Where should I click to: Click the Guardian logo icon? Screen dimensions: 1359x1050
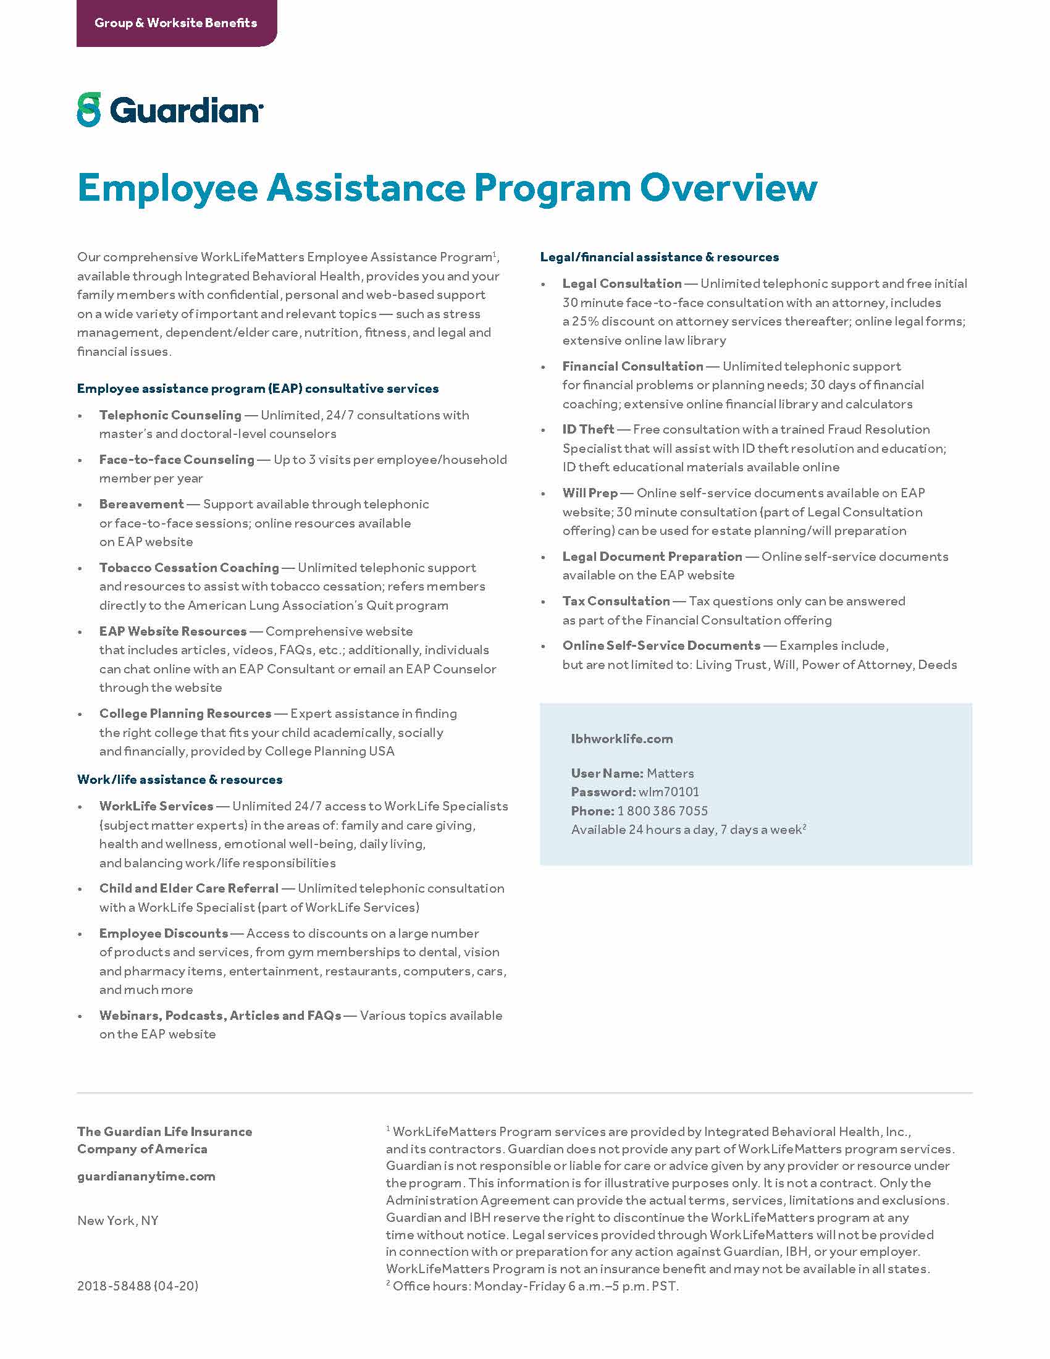click(x=89, y=110)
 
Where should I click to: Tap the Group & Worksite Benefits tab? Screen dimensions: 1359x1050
click(x=175, y=23)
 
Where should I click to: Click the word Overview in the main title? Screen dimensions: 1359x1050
click(x=728, y=188)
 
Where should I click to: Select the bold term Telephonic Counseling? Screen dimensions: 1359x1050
click(x=170, y=415)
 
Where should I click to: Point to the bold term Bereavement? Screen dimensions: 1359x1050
click(x=141, y=504)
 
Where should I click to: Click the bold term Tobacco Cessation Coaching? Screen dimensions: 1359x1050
click(x=189, y=568)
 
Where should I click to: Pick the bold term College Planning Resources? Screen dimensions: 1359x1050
click(x=185, y=713)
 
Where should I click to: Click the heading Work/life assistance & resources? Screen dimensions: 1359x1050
click(x=180, y=780)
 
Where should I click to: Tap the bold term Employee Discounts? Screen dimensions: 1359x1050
click(x=164, y=933)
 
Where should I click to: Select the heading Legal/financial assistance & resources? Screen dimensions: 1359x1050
click(x=660, y=257)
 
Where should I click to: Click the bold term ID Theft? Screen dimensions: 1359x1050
click(x=588, y=429)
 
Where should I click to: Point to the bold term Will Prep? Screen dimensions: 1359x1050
click(x=590, y=493)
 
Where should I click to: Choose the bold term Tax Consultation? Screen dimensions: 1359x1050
click(x=616, y=601)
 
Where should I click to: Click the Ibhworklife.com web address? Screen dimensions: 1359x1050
click(x=621, y=739)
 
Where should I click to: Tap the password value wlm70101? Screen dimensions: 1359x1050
click(x=669, y=791)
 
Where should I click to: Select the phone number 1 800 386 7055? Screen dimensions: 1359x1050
click(x=663, y=811)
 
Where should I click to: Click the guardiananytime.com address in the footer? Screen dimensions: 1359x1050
click(x=146, y=1176)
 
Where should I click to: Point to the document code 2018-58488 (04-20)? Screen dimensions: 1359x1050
click(x=138, y=1285)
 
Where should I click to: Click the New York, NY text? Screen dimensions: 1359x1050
click(x=117, y=1220)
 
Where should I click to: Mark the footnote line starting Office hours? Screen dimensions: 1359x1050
click(x=535, y=1286)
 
